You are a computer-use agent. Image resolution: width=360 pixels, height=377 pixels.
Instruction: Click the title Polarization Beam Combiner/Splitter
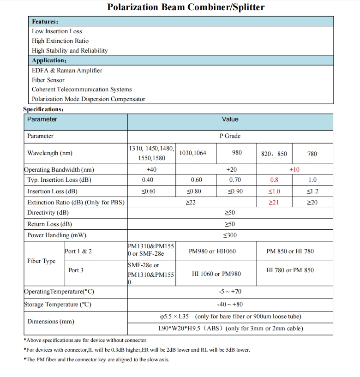(186, 7)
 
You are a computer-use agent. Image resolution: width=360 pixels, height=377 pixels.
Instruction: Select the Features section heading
(45, 22)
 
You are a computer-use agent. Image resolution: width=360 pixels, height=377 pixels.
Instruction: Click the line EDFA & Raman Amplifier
(67, 70)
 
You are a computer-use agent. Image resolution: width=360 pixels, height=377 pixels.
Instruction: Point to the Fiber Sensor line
(48, 80)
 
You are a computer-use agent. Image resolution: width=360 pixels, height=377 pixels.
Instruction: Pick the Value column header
(230, 120)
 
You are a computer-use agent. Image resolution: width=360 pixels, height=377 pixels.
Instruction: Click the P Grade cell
(230, 136)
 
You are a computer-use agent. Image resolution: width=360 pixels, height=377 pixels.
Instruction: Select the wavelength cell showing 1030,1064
(192, 153)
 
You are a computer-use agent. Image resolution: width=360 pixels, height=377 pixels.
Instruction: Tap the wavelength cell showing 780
(312, 154)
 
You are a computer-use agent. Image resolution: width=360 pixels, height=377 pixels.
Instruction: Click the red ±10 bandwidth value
(294, 170)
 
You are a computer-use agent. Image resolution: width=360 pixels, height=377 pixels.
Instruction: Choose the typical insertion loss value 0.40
(148, 180)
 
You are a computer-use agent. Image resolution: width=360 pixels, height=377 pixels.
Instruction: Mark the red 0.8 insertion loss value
(274, 180)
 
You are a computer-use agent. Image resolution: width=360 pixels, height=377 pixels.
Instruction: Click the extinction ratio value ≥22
(191, 203)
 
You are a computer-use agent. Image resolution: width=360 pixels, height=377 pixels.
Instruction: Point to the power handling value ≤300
(230, 235)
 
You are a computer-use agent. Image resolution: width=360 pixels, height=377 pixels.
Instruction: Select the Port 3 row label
(76, 270)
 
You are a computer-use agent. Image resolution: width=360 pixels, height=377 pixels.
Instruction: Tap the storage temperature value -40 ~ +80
(230, 305)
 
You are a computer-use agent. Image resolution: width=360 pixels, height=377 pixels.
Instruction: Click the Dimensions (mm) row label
(50, 322)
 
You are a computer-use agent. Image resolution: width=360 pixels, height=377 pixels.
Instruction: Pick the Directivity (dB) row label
(48, 213)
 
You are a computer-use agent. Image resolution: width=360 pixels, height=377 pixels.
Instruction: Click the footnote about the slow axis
(97, 359)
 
